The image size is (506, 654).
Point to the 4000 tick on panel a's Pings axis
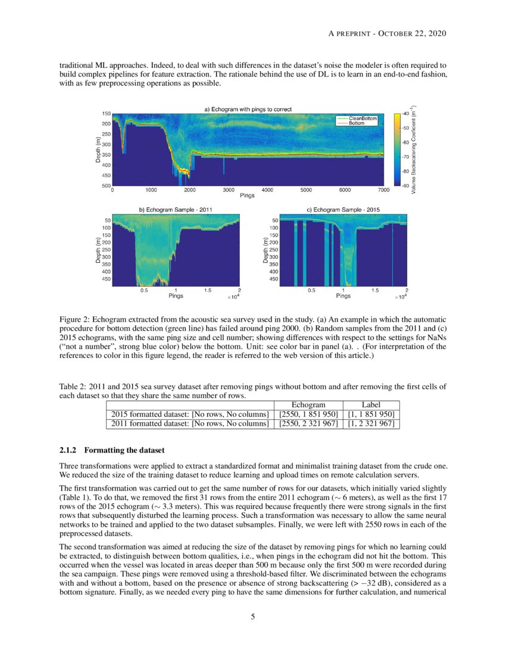click(267, 190)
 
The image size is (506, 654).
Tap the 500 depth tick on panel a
click(107, 186)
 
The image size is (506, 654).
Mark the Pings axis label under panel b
click(176, 295)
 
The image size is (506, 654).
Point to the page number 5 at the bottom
click(253, 617)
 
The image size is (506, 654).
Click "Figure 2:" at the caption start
click(75, 320)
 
